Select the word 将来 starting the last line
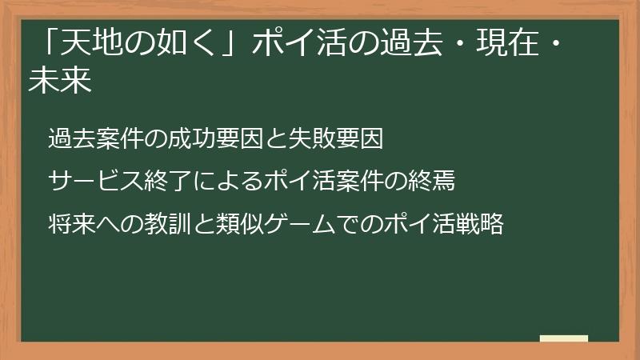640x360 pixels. tap(71, 224)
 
